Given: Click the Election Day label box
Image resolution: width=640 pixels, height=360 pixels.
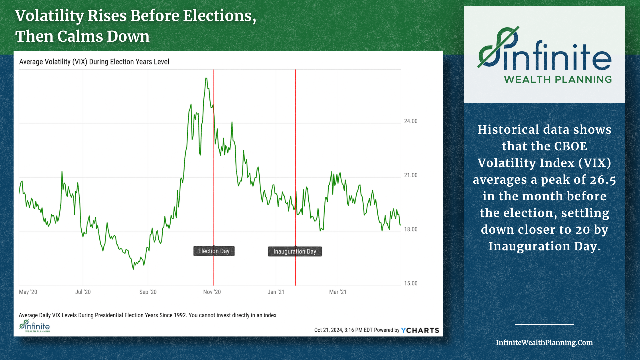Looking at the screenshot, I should click(x=214, y=251).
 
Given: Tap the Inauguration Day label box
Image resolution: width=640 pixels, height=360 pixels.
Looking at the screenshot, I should click(x=295, y=251).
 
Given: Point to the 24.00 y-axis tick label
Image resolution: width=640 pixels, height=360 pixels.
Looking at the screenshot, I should click(x=411, y=121).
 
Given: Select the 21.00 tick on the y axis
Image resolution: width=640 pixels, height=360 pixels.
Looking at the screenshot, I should click(x=411, y=175).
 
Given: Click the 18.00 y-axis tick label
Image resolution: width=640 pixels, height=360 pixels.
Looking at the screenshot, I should click(x=411, y=229).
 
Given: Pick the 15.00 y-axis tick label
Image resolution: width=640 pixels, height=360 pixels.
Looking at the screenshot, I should click(x=411, y=283).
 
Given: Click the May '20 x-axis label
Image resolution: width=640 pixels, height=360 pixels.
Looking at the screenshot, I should click(x=28, y=292).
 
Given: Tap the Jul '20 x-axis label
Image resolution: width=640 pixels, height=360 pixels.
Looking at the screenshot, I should click(x=83, y=292).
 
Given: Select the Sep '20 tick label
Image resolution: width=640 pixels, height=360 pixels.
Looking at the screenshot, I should click(x=148, y=292).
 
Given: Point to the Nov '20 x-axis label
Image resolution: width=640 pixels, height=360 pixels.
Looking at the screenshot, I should click(x=212, y=292).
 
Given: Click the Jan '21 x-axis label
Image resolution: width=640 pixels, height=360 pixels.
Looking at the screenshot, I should click(x=276, y=292).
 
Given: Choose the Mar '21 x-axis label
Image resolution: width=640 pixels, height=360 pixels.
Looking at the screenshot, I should click(x=338, y=292).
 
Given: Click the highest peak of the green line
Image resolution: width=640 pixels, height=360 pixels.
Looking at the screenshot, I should click(x=206, y=78).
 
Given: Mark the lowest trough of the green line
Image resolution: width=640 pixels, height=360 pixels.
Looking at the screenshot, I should click(x=133, y=269).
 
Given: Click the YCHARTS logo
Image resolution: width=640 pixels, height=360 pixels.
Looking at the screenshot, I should click(x=420, y=330).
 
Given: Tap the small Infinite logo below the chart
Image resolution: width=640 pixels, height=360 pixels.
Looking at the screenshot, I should click(x=35, y=326).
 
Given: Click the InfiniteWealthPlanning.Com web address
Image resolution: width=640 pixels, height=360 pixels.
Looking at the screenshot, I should click(x=544, y=342).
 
